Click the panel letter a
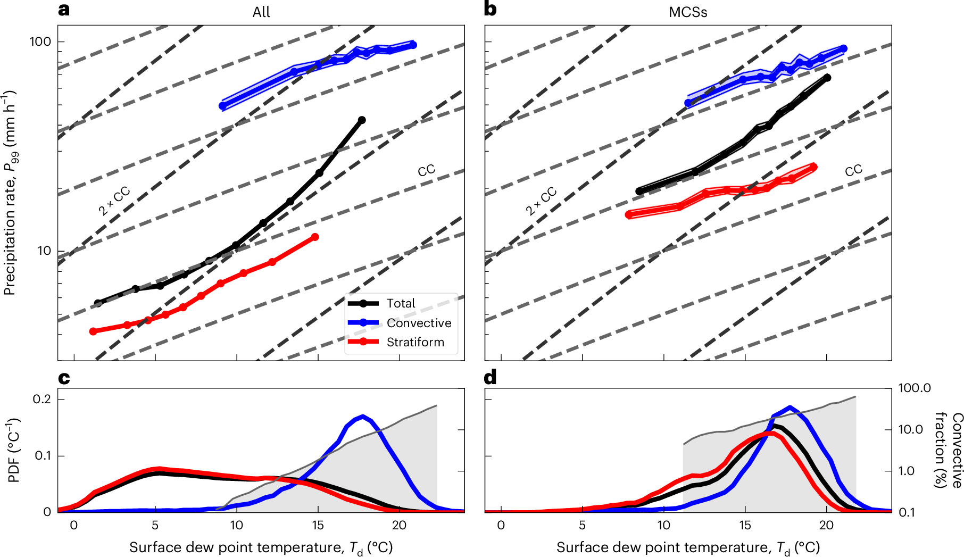coord(64,10)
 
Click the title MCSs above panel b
coord(688,12)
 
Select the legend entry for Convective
coord(419,323)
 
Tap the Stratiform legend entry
coord(415,342)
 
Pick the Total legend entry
coord(401,303)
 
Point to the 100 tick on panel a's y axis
coord(40,41)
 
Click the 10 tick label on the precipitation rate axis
coord(44,251)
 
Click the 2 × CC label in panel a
coord(114,201)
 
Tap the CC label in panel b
coord(853,171)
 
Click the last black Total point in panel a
coord(362,120)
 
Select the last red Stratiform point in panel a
coord(315,237)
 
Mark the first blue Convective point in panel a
coord(222,106)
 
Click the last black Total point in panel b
coord(827,78)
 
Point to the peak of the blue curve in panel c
coord(363,416)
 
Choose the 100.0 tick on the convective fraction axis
coord(914,388)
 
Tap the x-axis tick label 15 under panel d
coord(745,525)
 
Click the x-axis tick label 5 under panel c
coord(155,525)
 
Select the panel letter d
coord(490,377)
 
